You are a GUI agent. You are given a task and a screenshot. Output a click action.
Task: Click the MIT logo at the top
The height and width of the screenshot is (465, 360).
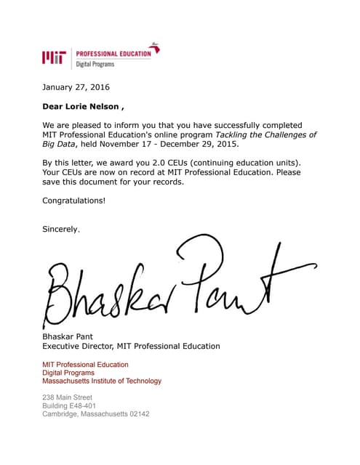click(x=55, y=57)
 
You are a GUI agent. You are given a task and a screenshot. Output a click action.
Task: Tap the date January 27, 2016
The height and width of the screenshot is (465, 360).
click(x=76, y=87)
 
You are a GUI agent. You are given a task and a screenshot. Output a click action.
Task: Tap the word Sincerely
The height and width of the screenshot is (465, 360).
click(x=61, y=229)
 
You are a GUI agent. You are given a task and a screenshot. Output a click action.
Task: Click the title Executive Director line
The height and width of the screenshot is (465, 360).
click(x=131, y=347)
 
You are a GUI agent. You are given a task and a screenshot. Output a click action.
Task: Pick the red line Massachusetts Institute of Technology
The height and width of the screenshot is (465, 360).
click(x=102, y=381)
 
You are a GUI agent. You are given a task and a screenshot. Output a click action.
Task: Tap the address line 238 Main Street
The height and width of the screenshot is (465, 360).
click(x=67, y=397)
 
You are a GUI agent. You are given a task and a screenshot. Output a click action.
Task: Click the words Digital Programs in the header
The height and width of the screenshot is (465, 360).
click(x=95, y=65)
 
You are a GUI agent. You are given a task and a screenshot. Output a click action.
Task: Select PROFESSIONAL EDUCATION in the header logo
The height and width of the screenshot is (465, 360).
click(x=113, y=53)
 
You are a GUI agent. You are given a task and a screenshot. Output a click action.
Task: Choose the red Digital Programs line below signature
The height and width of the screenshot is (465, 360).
click(x=68, y=373)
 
